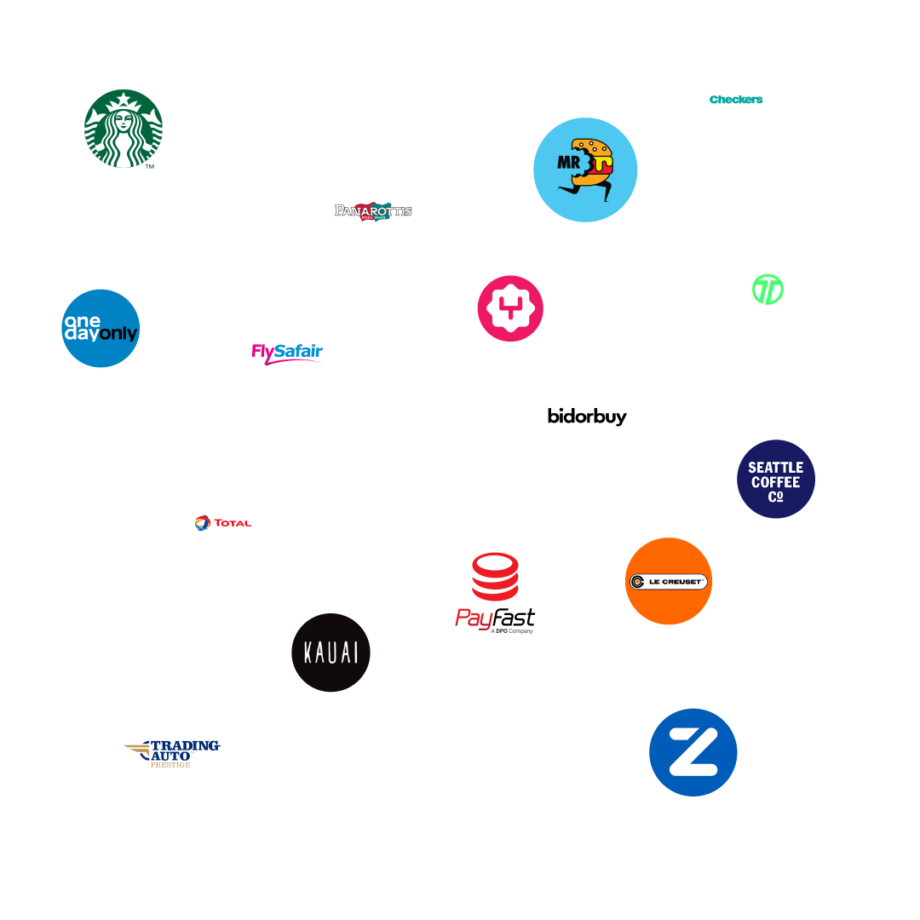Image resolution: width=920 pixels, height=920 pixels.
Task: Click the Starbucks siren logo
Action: coord(124,129)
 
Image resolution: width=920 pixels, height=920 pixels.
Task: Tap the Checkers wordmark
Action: coord(736,100)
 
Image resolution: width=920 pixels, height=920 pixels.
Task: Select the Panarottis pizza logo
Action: coord(373,210)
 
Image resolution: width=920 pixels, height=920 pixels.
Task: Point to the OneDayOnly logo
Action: coord(101,328)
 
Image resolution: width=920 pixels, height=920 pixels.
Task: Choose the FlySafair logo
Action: coord(287,352)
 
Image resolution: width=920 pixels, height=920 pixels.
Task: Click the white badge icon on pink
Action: coord(509,308)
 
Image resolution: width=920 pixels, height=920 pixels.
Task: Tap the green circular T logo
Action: coord(763,290)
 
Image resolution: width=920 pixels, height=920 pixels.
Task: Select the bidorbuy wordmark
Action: coord(587,417)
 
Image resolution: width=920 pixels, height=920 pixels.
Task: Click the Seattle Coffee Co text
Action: coord(775,481)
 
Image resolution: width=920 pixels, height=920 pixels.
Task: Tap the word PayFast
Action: coord(495,618)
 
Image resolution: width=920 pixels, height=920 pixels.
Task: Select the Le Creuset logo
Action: coord(668,582)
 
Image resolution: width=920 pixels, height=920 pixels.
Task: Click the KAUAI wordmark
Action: coord(331,653)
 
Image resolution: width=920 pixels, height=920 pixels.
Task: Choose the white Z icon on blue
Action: coord(693,751)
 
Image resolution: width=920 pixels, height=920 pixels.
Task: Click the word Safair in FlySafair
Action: coord(298,350)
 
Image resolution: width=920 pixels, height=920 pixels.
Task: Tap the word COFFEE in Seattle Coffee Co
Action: coord(775,482)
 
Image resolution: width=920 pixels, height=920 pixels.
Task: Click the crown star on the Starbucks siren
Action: coord(124,99)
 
